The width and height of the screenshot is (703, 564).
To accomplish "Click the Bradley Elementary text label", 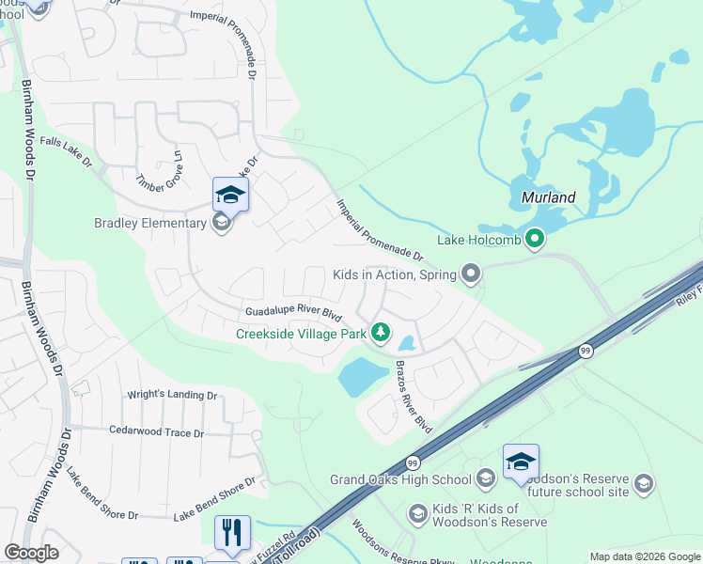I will (149, 223).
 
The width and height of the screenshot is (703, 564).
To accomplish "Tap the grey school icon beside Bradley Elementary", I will (221, 223).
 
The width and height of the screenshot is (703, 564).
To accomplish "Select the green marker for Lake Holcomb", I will (535, 239).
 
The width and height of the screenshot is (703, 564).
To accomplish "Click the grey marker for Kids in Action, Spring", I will (471, 274).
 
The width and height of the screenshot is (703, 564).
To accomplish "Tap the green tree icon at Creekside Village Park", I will (380, 332).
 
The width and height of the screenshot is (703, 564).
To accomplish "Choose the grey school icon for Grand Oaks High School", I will (485, 479).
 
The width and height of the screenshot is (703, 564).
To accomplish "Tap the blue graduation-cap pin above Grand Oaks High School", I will (521, 462).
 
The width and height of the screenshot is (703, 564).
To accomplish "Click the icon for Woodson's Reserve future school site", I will (644, 483).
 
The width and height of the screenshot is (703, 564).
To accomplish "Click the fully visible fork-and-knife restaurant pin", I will (232, 533).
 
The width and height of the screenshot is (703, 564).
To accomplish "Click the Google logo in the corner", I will (32, 553).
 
